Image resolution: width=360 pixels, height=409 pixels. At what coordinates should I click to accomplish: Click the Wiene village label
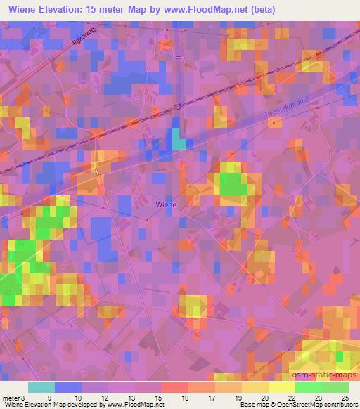tap(165, 204)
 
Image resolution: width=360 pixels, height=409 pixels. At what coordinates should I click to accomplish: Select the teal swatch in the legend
tap(41, 387)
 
